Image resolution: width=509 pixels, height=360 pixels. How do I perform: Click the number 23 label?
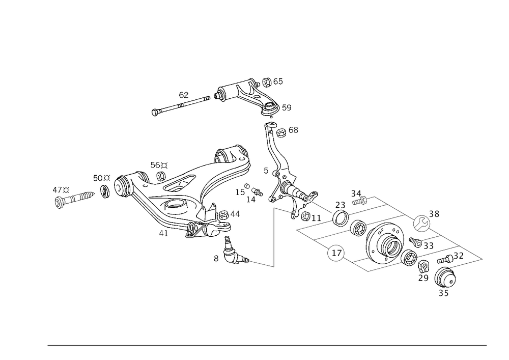341,205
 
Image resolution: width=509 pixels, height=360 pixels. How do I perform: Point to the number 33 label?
429,246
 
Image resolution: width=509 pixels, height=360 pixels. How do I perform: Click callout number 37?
458,255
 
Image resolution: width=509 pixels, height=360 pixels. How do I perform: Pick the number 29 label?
422,278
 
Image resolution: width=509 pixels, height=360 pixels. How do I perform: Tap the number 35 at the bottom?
444,294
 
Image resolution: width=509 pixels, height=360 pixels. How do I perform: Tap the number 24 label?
294,131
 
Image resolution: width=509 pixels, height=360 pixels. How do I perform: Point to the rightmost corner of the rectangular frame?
483,256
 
